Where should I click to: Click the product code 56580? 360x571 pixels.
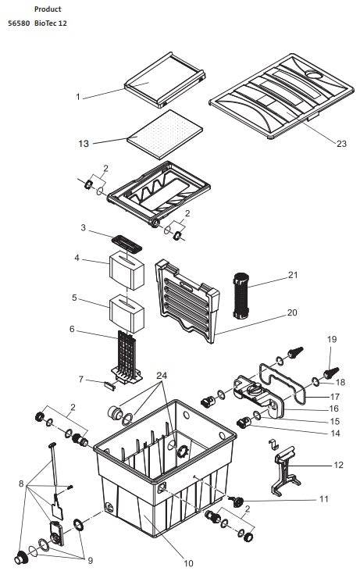click(19, 23)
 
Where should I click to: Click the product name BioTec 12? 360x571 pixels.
click(51, 23)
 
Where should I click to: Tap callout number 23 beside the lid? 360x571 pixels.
click(341, 144)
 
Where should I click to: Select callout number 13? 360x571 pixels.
click(84, 144)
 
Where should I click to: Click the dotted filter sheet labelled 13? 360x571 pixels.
click(165, 134)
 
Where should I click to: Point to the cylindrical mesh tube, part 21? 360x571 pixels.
click(241, 295)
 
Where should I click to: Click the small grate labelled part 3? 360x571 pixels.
click(127, 244)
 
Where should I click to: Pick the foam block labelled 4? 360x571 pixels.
click(127, 270)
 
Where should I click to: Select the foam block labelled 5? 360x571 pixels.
click(127, 314)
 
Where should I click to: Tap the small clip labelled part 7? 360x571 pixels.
click(110, 386)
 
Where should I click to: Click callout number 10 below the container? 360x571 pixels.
click(188, 563)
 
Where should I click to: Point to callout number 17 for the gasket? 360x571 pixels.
click(334, 397)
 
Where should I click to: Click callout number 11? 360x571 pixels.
click(323, 498)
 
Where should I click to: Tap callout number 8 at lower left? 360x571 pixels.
click(21, 484)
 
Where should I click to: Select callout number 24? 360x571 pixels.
click(162, 376)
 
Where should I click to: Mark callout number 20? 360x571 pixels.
click(292, 312)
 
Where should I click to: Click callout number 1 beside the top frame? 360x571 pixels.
click(77, 97)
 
